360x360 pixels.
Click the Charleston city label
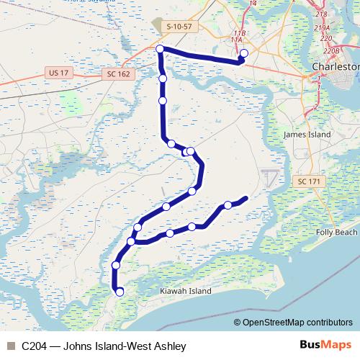(335, 66)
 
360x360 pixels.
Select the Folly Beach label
(336, 233)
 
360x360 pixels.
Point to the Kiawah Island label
(184, 292)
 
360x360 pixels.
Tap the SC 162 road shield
(120, 74)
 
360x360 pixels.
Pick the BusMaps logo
(327, 346)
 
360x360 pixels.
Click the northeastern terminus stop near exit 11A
(243, 53)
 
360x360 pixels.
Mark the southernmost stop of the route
(120, 292)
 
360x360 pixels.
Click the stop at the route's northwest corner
(160, 49)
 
